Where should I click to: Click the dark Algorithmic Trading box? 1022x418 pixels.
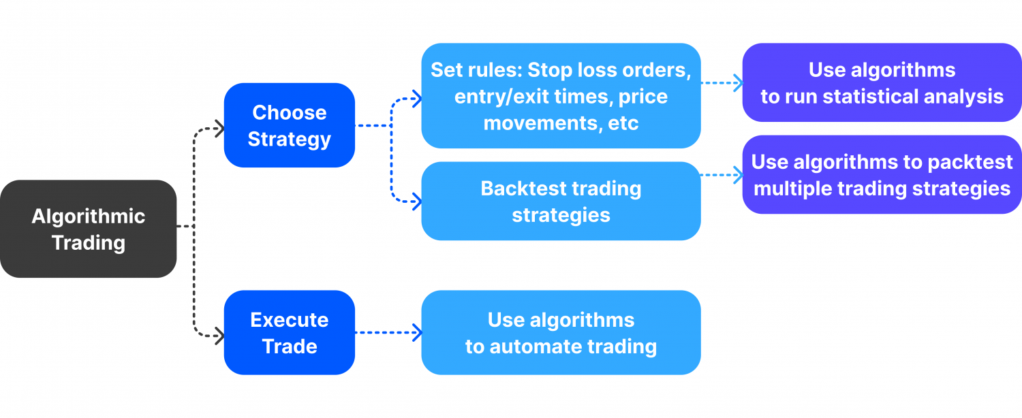tap(88, 229)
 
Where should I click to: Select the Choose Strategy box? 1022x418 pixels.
tap(289, 125)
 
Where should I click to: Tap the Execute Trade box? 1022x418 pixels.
tap(289, 333)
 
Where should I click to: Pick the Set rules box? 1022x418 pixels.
tap(561, 96)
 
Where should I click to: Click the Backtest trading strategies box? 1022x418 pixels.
tap(561, 202)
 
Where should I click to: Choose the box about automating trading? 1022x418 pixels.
tap(561, 333)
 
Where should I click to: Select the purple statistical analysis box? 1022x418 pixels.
tap(882, 83)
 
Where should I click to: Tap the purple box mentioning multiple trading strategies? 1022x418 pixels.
tap(882, 174)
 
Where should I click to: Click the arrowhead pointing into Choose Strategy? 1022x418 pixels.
tap(219, 127)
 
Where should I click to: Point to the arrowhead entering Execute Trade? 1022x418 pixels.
tap(219, 335)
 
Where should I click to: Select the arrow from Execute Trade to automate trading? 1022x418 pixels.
tap(388, 333)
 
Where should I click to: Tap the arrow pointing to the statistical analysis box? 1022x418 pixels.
tap(722, 84)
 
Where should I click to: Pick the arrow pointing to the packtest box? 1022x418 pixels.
tap(722, 175)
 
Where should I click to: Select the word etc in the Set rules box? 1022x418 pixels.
tap(624, 123)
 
